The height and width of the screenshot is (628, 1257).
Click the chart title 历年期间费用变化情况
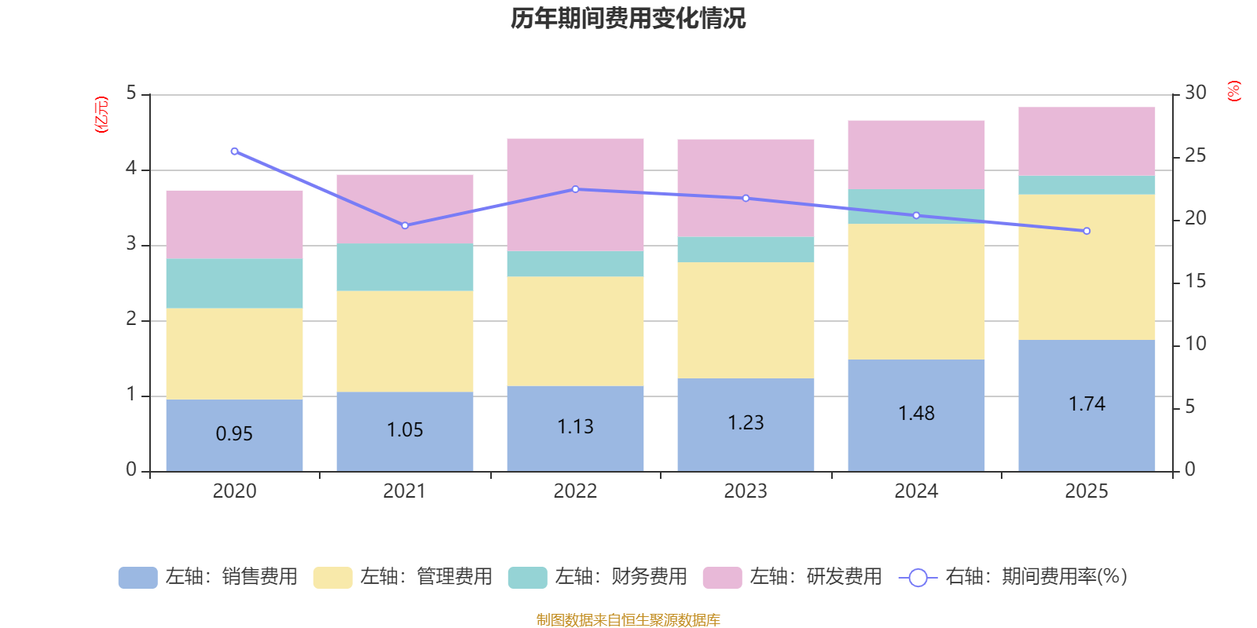628,18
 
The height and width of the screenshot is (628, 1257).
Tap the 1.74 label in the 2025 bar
1087,403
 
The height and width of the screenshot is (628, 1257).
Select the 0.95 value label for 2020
234,433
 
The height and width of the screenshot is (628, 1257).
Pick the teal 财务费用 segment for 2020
234,283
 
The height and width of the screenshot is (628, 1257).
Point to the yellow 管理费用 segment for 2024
916,291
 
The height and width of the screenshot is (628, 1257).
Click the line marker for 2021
405,225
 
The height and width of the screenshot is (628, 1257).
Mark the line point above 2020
234,151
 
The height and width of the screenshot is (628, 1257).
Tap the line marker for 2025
1087,231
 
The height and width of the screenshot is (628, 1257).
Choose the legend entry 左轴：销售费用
208,577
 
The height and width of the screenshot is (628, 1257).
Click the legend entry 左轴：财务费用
598,577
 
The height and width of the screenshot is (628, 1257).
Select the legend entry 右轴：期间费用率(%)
1013,577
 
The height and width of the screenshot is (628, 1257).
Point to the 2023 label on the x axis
746,491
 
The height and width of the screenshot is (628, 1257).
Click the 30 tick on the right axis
1195,93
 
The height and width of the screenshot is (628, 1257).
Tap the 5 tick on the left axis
131,93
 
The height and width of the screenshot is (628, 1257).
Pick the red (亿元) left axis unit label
101,115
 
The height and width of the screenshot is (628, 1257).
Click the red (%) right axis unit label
1233,91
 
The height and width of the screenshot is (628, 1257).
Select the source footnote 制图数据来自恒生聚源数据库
628,620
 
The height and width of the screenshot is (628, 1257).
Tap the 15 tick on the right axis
1195,281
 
